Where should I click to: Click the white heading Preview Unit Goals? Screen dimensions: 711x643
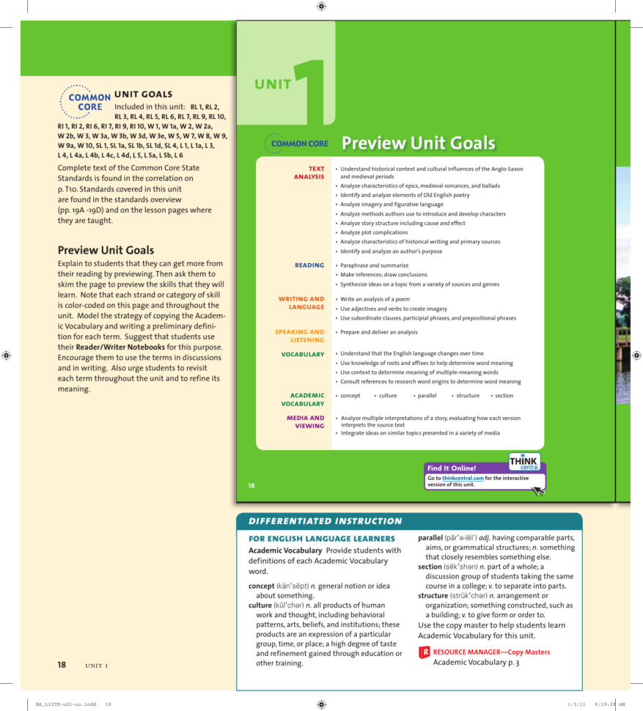coord(418,144)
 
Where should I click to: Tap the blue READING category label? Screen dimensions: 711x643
coord(309,265)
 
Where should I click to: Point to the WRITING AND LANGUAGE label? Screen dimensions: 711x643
coord(301,303)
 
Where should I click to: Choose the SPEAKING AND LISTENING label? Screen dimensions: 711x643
coord(299,336)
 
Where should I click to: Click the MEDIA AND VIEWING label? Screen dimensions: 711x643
coord(305,421)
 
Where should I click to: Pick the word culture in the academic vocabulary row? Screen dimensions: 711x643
coord(387,396)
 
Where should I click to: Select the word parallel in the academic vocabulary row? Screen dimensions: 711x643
coord(426,396)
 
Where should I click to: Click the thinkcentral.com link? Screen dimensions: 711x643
coord(463,478)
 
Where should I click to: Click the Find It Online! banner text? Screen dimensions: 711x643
coord(451,468)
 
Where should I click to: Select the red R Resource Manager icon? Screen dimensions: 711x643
coord(424,652)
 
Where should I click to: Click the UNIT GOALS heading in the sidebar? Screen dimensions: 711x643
coord(144,94)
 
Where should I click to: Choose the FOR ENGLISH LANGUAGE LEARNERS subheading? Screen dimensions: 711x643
coord(322,539)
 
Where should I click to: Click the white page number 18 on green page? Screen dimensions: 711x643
coord(251,485)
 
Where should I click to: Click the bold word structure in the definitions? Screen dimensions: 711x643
coord(433,596)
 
